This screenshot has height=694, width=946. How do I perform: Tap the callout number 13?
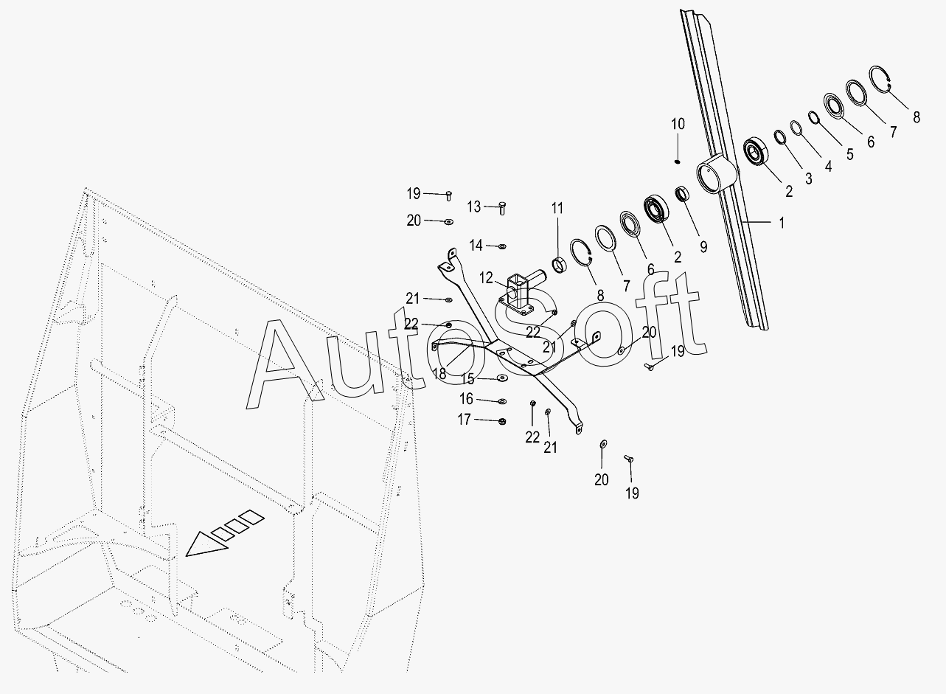[473, 207]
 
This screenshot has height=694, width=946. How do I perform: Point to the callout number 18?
[439, 373]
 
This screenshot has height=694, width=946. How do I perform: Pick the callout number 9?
[703, 247]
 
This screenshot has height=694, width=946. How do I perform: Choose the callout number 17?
[465, 420]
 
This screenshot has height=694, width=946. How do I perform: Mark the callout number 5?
[849, 155]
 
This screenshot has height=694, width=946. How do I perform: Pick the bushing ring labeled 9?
[682, 195]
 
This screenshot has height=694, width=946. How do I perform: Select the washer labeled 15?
[501, 379]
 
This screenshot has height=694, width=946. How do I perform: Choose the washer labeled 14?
[502, 246]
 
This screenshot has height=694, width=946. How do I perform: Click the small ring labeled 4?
[796, 128]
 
